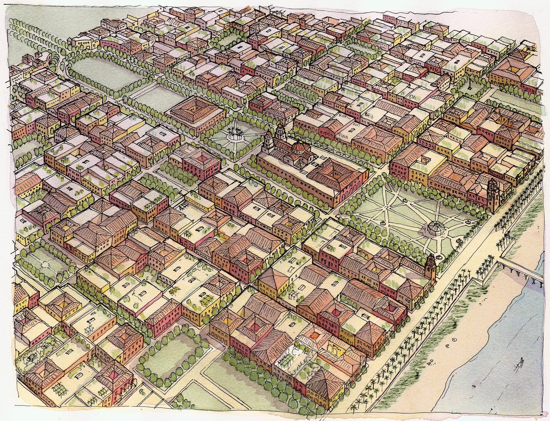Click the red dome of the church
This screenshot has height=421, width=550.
pos(298,147)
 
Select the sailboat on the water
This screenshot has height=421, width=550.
pos(519,364)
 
